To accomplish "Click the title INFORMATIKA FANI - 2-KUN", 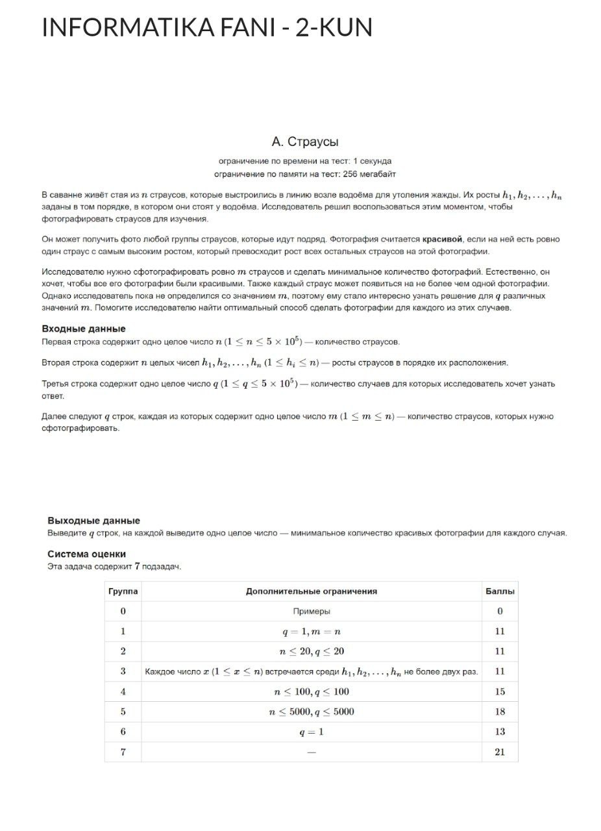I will coord(206,27).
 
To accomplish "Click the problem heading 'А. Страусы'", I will coord(304,142).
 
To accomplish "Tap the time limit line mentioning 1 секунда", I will coord(304,160).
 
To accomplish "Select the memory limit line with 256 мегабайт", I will coord(304,174).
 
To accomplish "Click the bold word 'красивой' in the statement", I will coord(443,239).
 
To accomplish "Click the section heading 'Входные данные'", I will coord(84,329).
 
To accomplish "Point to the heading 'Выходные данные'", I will coord(93,521).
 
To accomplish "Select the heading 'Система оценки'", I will coord(87,554).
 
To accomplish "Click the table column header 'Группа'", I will coord(123,591).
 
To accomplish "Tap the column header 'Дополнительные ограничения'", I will coord(311,591).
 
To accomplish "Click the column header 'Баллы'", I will coord(500,591).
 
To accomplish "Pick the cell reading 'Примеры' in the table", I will coord(311,611).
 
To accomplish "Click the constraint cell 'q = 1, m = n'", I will coord(311,631).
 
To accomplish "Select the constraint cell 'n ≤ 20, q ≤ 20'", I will coord(311,651).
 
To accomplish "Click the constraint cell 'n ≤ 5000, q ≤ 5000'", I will coord(311,712).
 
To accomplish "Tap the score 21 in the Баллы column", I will coord(500,752).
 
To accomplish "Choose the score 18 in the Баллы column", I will coord(500,712).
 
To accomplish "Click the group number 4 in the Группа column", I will coord(123,691).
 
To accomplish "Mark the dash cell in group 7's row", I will coord(311,752).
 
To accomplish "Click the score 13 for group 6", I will coord(500,732).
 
